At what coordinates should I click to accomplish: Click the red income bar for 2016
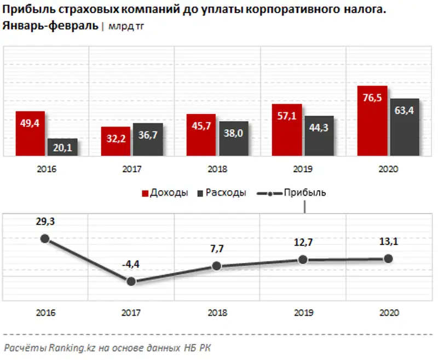[30, 134]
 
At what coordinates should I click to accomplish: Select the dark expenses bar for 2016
[61, 147]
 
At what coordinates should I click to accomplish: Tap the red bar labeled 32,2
[116, 141]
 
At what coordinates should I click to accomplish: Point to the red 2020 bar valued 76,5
[372, 121]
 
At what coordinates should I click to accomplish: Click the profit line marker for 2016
[45, 238]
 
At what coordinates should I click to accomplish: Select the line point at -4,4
[131, 281]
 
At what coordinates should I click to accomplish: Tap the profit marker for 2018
[217, 266]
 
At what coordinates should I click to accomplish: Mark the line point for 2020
[389, 259]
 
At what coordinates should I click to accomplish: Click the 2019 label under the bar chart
[303, 169]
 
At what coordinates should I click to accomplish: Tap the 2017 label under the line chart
[131, 313]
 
